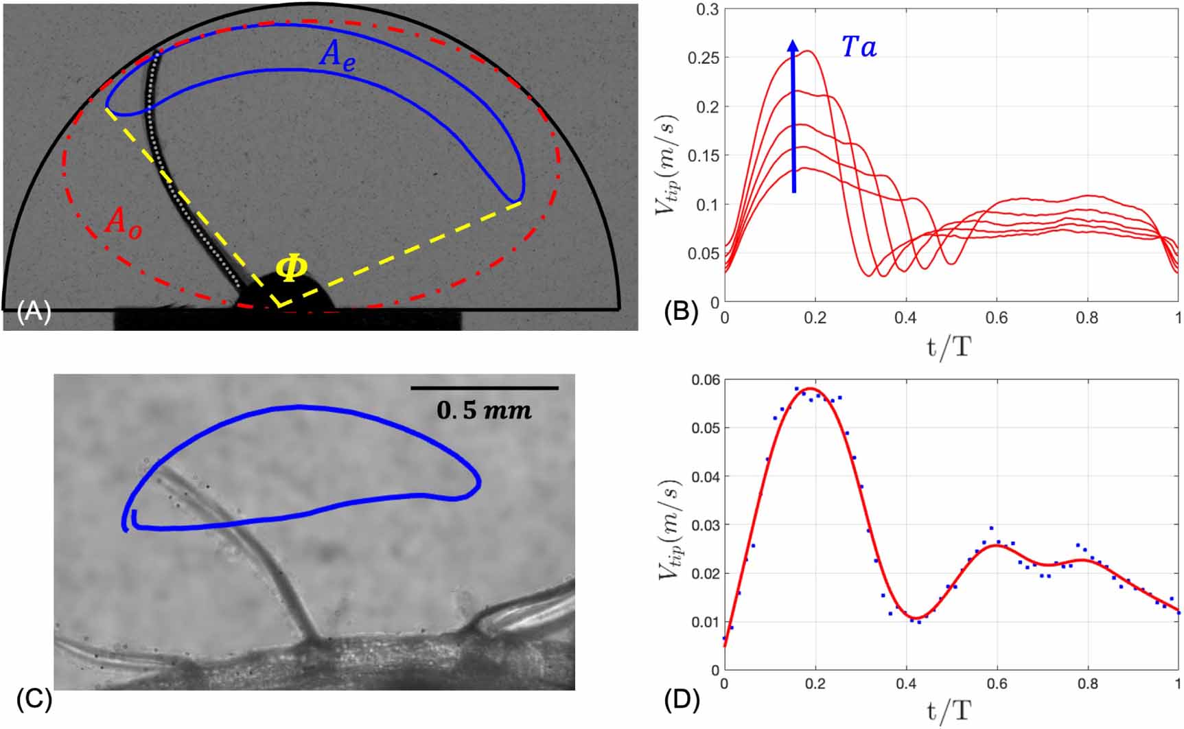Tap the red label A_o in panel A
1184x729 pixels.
(124, 224)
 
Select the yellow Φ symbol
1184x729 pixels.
(291, 268)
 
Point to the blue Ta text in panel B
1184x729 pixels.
(859, 47)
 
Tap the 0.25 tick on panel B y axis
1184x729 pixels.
(704, 58)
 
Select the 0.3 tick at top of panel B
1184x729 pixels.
(708, 10)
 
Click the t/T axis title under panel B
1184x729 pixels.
(949, 347)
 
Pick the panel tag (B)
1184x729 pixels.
(681, 312)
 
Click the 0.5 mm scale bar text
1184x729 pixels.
(484, 410)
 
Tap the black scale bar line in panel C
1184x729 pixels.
(484, 389)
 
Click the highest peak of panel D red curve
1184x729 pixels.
(811, 389)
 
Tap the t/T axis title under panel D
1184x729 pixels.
(949, 711)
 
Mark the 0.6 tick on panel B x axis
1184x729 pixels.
(997, 318)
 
